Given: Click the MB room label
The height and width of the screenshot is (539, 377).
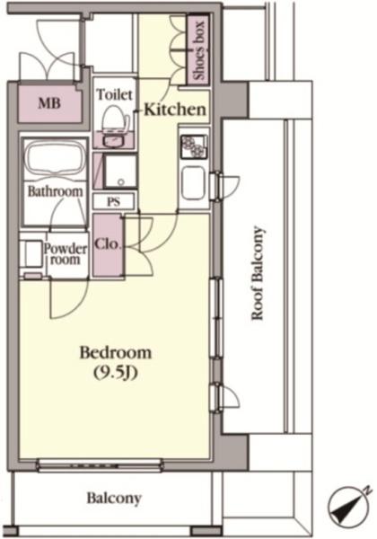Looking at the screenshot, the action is [49, 102].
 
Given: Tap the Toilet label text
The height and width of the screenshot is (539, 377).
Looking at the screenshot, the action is [114, 94].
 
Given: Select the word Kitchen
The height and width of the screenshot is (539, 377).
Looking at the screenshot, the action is [175, 110].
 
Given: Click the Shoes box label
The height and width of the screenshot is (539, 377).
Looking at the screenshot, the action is [198, 50].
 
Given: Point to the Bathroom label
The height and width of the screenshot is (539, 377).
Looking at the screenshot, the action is [55, 191].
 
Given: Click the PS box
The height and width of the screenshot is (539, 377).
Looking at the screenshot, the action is [113, 202].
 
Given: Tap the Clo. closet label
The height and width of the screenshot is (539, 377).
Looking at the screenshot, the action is [108, 244].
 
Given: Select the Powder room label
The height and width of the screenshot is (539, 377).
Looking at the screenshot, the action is [66, 253].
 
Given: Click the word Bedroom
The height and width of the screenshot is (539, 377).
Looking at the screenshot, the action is [116, 353].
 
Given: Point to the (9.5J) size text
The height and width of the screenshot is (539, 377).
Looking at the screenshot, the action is [116, 373].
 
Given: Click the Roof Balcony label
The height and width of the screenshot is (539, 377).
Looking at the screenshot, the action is [258, 273].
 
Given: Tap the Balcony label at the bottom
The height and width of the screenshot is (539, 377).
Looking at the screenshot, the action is [114, 498].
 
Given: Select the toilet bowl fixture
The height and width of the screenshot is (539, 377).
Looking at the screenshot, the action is [115, 119].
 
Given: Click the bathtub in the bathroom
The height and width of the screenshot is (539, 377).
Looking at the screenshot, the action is [55, 159].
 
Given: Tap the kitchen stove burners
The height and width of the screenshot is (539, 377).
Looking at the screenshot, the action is [195, 146].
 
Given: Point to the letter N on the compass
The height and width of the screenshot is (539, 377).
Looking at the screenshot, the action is [368, 490].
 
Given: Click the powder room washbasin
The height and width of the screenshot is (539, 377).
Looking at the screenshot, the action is [31, 253].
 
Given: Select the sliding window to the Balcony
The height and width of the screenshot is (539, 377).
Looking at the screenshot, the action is [100, 465].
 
